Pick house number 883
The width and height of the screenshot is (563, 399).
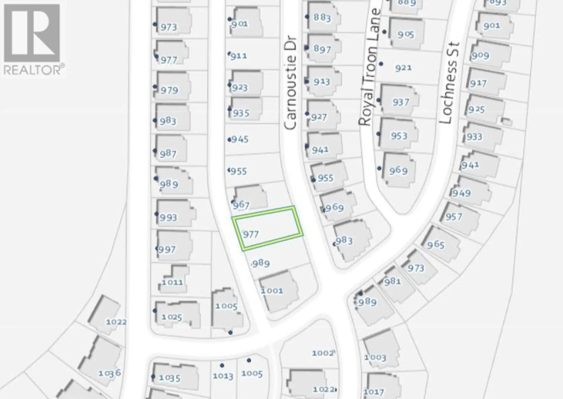(322, 18)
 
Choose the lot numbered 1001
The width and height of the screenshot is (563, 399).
(272, 291)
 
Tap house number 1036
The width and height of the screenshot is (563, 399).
(109, 373)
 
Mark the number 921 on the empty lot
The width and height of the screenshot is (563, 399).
(403, 68)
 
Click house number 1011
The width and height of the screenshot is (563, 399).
(172, 282)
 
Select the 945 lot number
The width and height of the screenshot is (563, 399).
(240, 139)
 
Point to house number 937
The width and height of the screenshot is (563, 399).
(401, 102)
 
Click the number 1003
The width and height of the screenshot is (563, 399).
(375, 357)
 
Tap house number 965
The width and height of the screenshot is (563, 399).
(435, 244)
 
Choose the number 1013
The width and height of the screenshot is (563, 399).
(223, 376)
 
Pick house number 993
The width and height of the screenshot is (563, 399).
(168, 217)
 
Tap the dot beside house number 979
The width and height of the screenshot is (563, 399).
(155, 87)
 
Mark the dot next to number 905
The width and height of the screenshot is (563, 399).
(384, 32)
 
